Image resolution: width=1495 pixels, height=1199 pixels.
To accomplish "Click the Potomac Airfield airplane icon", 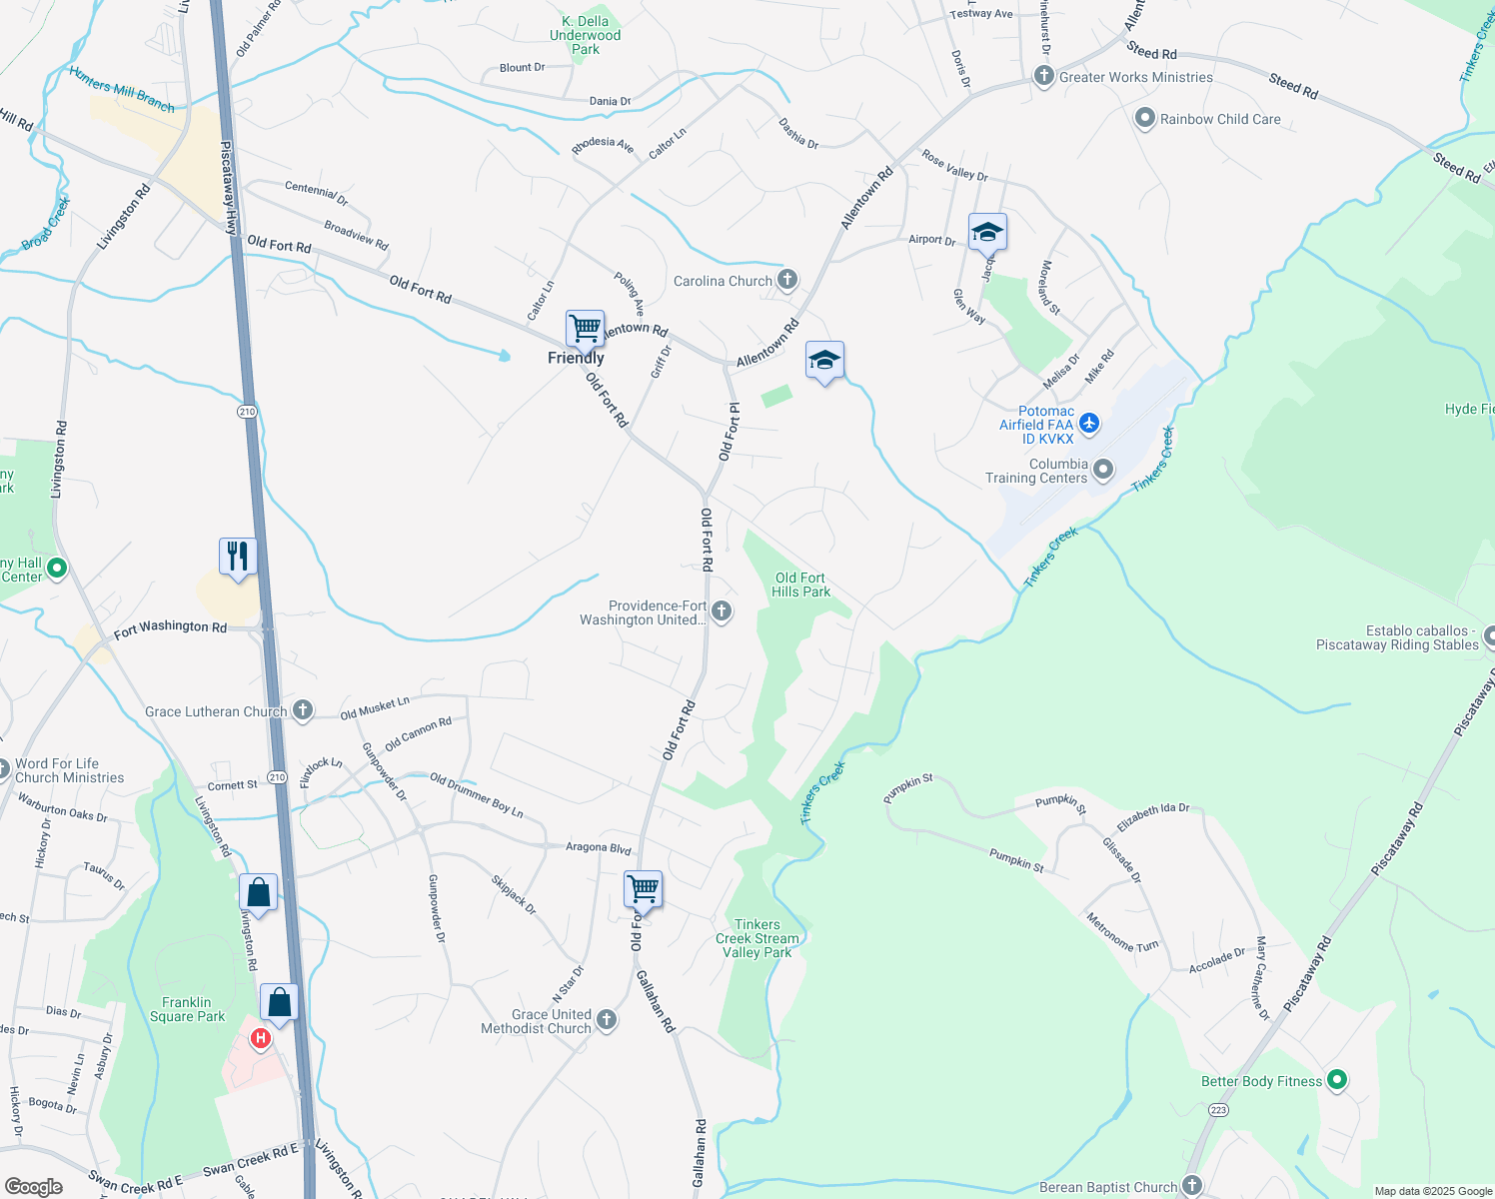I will click(x=1089, y=424).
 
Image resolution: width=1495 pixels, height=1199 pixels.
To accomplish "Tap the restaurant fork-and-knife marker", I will click(x=238, y=557).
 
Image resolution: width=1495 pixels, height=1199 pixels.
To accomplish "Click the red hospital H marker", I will click(x=261, y=1039).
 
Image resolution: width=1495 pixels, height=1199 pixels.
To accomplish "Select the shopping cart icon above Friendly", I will click(x=585, y=328).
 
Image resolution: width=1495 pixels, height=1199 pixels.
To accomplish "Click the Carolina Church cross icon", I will click(x=787, y=280).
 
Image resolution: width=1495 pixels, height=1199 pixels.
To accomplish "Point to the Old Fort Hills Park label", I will click(x=800, y=585).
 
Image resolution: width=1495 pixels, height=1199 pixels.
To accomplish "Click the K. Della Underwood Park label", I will click(x=586, y=35).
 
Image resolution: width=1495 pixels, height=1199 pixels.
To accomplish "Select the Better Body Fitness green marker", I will click(x=1337, y=1080).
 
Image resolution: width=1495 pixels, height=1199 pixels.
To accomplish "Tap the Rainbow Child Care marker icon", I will click(x=1145, y=119).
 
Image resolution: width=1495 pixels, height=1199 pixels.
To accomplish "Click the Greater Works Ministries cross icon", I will click(x=1044, y=77).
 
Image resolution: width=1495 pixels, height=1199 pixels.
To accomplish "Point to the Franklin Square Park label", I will click(x=187, y=1009).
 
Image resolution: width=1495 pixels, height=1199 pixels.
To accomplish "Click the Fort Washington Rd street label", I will click(x=170, y=628).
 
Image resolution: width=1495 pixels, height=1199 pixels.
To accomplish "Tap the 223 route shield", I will click(x=1218, y=1110).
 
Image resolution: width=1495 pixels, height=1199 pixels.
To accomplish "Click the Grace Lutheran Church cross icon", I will click(x=302, y=710).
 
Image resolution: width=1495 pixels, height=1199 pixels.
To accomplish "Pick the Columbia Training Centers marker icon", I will click(x=1103, y=469).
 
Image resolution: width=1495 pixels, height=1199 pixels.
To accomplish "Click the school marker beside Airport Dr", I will click(x=986, y=233).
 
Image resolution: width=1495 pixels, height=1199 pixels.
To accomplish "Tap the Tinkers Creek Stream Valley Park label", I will click(x=757, y=938).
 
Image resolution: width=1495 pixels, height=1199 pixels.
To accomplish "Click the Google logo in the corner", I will click(x=34, y=1186).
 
